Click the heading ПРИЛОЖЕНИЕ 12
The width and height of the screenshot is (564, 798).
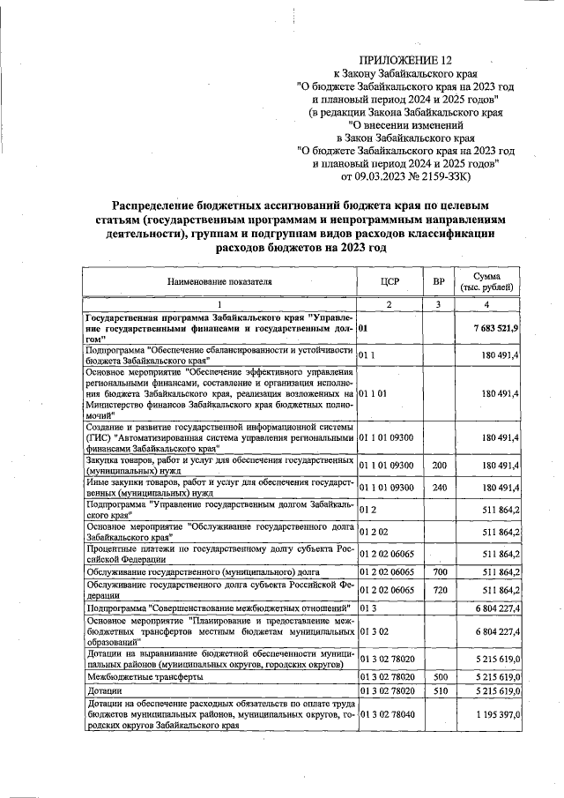click(408, 60)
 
